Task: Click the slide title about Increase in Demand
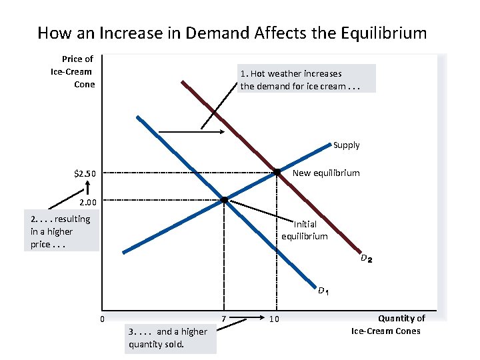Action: pos(232,32)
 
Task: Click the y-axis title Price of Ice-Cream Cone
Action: pos(74,72)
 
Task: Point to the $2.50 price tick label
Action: pos(85,174)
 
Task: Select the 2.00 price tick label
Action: pos(88,201)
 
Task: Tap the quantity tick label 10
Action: pos(273,320)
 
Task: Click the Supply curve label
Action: pos(346,145)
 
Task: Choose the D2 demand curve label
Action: pos(366,258)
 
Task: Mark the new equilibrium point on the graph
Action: pos(276,173)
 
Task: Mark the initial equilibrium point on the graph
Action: pos(225,199)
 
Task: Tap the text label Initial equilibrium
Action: pos(304,230)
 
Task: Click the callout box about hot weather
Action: pos(307,79)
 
